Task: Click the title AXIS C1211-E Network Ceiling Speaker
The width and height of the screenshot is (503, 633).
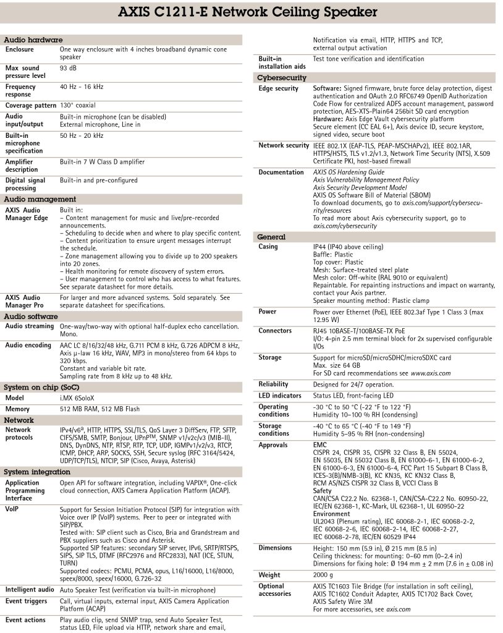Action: click(x=251, y=12)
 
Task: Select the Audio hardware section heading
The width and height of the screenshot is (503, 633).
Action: click(x=33, y=40)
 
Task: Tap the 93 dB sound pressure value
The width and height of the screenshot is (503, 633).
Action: click(x=67, y=68)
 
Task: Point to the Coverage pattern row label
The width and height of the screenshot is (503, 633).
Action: click(x=31, y=106)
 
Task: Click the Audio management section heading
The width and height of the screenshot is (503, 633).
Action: click(x=40, y=200)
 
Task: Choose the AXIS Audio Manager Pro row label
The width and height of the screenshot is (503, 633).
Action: click(x=24, y=301)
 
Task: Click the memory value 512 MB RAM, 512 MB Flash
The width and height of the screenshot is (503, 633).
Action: click(x=99, y=409)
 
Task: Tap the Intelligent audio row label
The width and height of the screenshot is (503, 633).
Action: click(x=30, y=590)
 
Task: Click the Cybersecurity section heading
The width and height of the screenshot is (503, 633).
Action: click(x=281, y=78)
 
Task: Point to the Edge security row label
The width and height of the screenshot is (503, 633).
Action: click(x=278, y=88)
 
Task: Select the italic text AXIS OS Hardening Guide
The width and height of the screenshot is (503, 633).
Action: click(x=349, y=172)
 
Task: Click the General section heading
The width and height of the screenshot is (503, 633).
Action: click(x=271, y=237)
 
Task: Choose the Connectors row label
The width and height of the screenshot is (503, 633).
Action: click(x=275, y=331)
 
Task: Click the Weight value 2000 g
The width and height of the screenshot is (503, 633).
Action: click(x=324, y=575)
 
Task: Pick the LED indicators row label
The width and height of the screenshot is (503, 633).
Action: click(x=280, y=396)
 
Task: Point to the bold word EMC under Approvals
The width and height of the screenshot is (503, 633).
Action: click(x=320, y=445)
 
